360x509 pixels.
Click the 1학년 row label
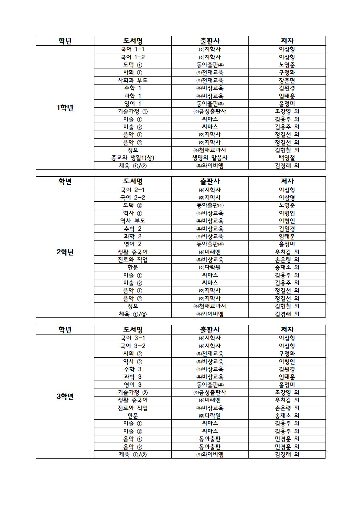point(65,108)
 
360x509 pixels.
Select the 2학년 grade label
point(65,252)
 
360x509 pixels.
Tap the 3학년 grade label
point(65,397)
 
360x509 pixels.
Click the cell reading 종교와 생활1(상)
point(132,158)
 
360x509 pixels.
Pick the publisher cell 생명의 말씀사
point(210,158)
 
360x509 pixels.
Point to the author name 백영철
point(287,158)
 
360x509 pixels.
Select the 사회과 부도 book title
point(132,80)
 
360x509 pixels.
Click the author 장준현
point(287,80)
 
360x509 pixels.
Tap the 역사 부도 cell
point(132,221)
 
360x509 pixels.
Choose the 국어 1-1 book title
point(132,49)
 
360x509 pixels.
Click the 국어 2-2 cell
point(132,197)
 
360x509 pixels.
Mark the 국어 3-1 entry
point(132,338)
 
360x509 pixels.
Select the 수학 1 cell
point(132,88)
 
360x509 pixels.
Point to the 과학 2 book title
point(132,236)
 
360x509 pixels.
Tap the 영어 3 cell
point(132,385)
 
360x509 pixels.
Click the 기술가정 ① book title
point(132,111)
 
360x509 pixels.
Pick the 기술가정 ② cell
point(132,392)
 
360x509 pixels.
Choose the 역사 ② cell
point(132,361)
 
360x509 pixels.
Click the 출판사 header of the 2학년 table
point(210,181)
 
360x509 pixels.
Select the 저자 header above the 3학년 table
point(287,329)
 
